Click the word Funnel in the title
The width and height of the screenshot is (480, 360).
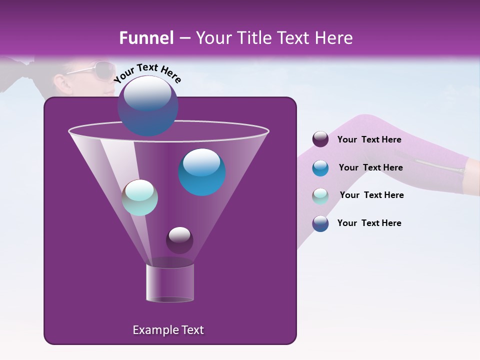coord(146,38)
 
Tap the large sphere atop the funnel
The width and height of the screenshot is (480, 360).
coord(148,105)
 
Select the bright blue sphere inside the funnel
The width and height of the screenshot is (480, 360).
coord(202,172)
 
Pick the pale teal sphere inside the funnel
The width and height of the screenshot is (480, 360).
coord(140,197)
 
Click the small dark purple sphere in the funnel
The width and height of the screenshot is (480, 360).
coord(179,240)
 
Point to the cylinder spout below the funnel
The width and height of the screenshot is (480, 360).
coord(170,282)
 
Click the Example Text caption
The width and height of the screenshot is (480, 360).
coord(168,330)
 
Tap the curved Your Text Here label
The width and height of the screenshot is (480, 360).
coord(147,73)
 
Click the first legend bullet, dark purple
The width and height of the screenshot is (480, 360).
coord(320,139)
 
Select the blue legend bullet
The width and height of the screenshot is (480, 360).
coord(320,168)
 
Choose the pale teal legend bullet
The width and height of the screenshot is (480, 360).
coord(320,196)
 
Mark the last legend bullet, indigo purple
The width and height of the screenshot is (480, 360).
coord(320,223)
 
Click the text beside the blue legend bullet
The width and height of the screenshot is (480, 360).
coord(370,167)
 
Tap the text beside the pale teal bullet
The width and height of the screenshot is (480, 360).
coord(371,195)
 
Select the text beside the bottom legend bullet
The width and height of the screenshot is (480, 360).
coord(369,223)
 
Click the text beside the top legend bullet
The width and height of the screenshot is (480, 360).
coord(369,139)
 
